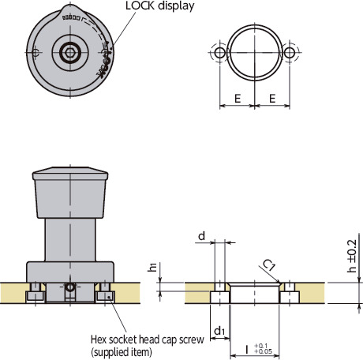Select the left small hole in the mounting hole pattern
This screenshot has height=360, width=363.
point(219,53)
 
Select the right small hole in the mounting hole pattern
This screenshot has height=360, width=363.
point(290,53)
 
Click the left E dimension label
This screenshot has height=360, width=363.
point(237,99)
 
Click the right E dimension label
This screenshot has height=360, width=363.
point(272,99)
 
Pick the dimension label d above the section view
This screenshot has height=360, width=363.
point(202,236)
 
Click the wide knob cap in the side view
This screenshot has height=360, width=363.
point(71,193)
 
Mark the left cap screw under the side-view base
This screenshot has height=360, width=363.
point(36,294)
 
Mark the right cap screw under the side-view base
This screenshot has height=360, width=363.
point(106,294)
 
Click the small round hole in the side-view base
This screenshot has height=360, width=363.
point(71,289)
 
